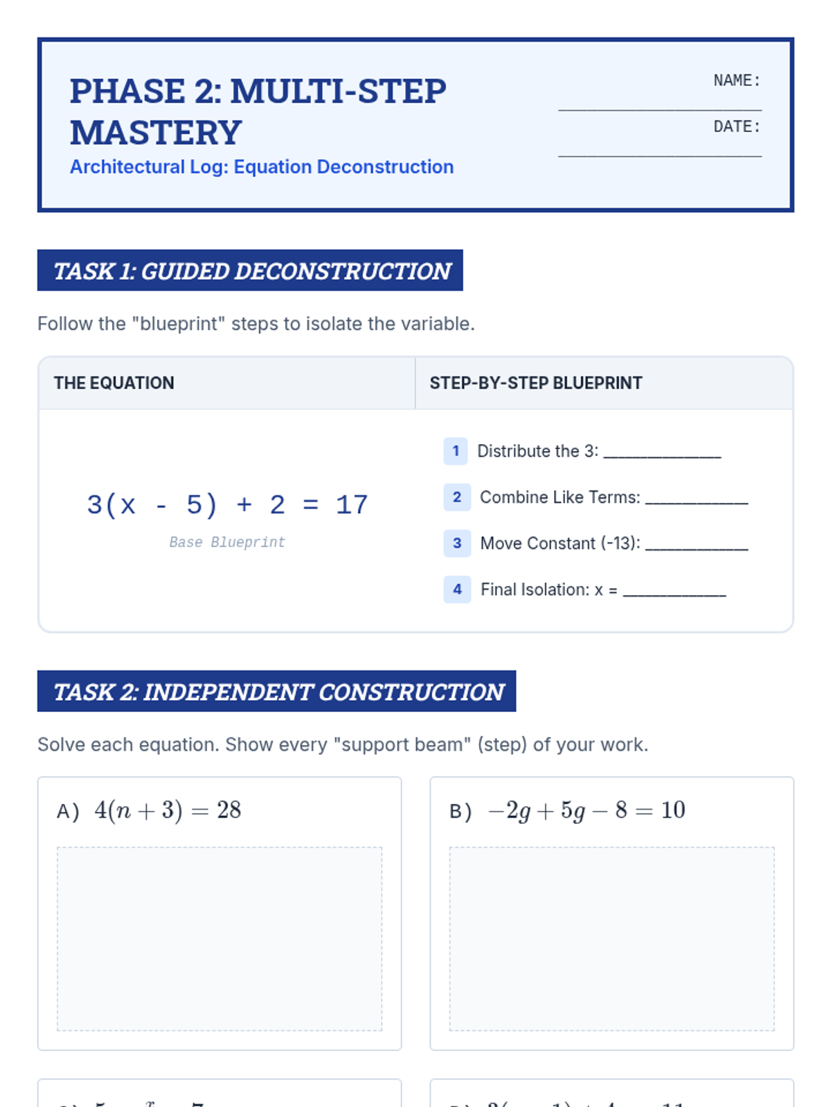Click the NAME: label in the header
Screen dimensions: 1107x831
click(737, 80)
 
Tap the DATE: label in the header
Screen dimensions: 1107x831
click(737, 127)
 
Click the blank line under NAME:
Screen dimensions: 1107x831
click(659, 109)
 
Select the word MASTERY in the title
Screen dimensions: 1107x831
click(156, 133)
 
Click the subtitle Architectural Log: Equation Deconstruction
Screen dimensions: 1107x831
click(262, 167)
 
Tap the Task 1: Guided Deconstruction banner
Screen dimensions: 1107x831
click(250, 271)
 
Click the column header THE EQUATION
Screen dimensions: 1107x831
click(114, 383)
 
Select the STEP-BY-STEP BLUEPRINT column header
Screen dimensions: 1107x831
click(535, 383)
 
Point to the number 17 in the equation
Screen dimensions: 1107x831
click(352, 505)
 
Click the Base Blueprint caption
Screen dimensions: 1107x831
click(227, 542)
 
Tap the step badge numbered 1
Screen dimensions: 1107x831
click(456, 451)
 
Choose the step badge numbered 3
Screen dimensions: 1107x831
click(457, 543)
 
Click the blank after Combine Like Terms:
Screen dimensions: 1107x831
click(696, 501)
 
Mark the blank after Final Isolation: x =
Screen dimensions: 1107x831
click(674, 593)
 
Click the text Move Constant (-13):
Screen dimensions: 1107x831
click(560, 543)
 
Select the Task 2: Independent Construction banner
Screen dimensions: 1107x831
click(276, 691)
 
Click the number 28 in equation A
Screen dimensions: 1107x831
click(229, 809)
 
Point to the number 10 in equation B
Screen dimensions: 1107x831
click(673, 809)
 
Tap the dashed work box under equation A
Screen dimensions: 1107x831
click(220, 939)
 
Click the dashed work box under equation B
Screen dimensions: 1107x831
click(611, 939)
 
